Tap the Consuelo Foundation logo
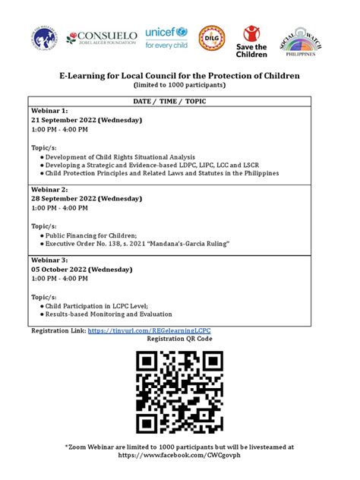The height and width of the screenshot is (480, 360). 103,37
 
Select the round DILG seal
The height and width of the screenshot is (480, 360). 212,37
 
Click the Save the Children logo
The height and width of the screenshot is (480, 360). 255,41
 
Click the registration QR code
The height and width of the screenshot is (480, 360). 180,393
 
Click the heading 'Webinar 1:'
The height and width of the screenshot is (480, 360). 49,111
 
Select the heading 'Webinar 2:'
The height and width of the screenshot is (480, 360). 49,189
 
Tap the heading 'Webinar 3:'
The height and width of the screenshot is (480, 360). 49,260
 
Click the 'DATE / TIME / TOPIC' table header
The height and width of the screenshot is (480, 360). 180,100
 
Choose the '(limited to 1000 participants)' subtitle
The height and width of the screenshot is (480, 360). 180,85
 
